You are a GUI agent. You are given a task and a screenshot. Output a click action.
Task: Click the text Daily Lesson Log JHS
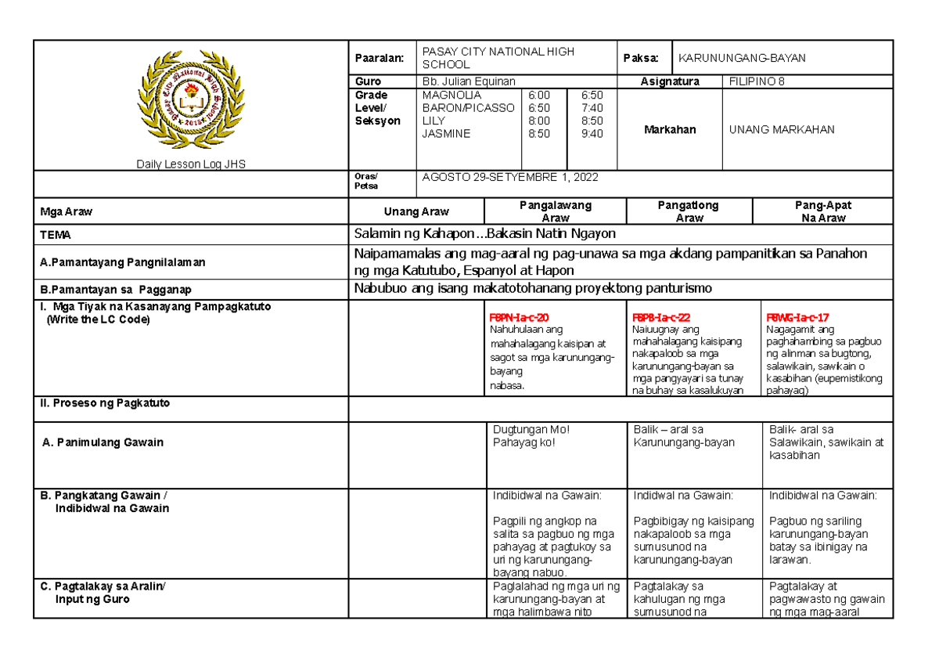(190, 164)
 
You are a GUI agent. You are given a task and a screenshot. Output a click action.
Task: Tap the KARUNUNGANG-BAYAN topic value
(742, 58)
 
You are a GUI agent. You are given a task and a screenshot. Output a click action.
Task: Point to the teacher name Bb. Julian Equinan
(468, 81)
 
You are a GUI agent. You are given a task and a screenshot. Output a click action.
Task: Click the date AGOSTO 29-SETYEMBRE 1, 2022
(509, 177)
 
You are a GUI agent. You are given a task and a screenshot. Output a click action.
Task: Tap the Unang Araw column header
(416, 211)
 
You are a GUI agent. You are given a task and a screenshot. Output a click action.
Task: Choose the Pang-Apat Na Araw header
(822, 211)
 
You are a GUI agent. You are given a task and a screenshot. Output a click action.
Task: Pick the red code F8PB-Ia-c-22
(660, 318)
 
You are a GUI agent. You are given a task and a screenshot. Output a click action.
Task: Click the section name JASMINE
(446, 134)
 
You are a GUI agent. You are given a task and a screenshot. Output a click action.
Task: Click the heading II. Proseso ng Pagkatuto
(105, 403)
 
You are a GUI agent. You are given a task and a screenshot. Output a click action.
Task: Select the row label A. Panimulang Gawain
(103, 442)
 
